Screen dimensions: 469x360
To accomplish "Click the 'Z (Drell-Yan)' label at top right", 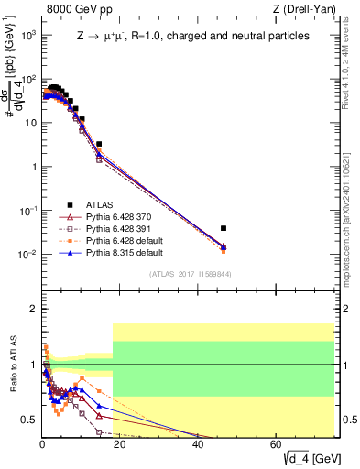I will coord(307,10).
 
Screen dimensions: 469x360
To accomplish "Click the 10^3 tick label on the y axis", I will coord(28,35).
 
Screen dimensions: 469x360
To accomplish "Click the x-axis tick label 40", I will coord(198,444).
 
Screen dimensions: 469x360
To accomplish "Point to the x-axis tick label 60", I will coord(276,444).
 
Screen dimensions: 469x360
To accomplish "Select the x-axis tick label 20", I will coord(120,444).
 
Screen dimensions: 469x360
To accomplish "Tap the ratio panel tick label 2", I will coord(33,310).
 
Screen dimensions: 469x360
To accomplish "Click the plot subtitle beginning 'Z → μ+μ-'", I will coord(192,37).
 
